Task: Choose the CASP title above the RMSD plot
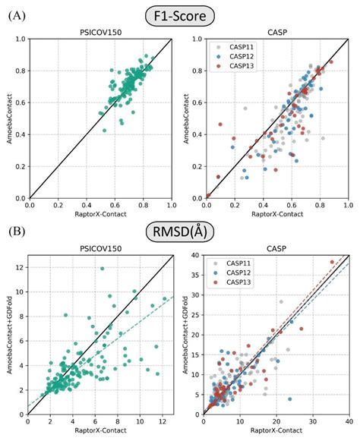click(x=277, y=249)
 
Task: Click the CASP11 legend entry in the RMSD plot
click(x=239, y=266)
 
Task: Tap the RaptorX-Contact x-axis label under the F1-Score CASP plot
click(x=277, y=215)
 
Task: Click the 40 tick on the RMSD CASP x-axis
click(x=348, y=421)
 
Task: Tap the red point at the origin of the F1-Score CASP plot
click(x=209, y=197)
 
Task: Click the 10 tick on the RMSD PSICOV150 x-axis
click(x=140, y=421)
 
